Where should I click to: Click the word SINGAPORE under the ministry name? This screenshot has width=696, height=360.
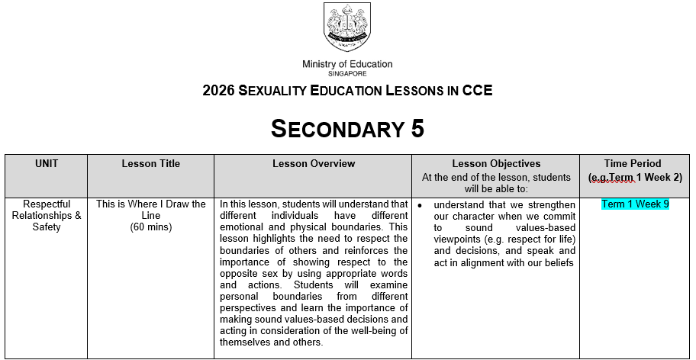[347, 74]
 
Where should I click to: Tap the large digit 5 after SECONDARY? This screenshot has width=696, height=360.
[417, 130]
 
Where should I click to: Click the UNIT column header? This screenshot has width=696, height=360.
[47, 163]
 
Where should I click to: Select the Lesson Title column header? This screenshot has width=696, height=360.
[150, 163]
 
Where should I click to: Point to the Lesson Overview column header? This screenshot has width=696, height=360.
[313, 163]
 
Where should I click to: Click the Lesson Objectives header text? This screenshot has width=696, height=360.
[496, 163]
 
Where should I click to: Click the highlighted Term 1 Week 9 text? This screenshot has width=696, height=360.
[635, 204]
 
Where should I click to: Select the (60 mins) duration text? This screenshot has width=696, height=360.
[151, 227]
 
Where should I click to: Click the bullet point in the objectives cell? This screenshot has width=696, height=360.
[420, 206]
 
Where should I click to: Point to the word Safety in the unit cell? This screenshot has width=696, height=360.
[47, 227]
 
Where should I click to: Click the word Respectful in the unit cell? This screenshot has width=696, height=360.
[47, 204]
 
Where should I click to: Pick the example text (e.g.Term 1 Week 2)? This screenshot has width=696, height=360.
[635, 177]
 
